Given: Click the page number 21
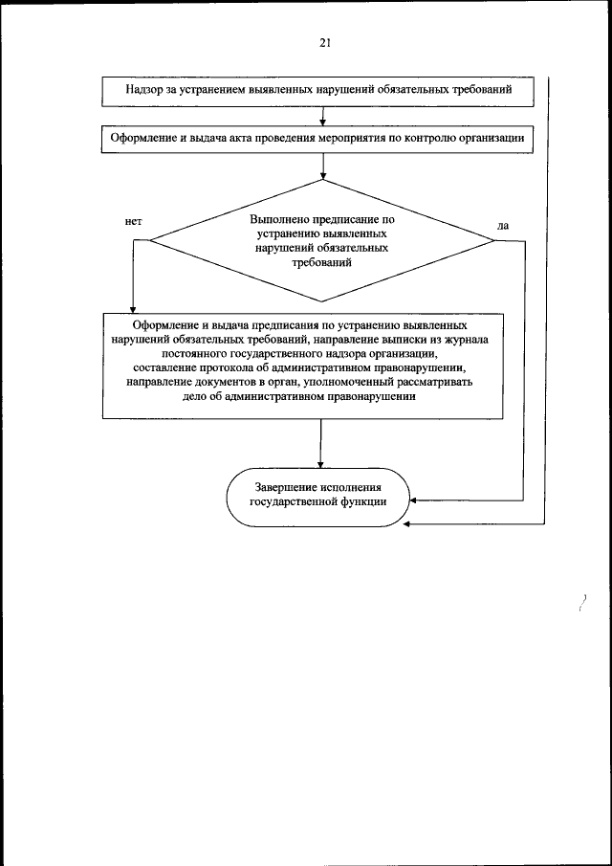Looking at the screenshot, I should pos(325,43).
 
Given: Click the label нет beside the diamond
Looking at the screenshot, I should pos(133,221).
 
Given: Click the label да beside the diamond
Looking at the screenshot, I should pos(504,226).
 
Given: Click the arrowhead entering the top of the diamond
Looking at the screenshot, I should pos(323,175).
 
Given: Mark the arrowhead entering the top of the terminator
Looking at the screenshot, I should pos(320,464).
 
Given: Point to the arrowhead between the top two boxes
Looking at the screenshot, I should pos(323,122).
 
